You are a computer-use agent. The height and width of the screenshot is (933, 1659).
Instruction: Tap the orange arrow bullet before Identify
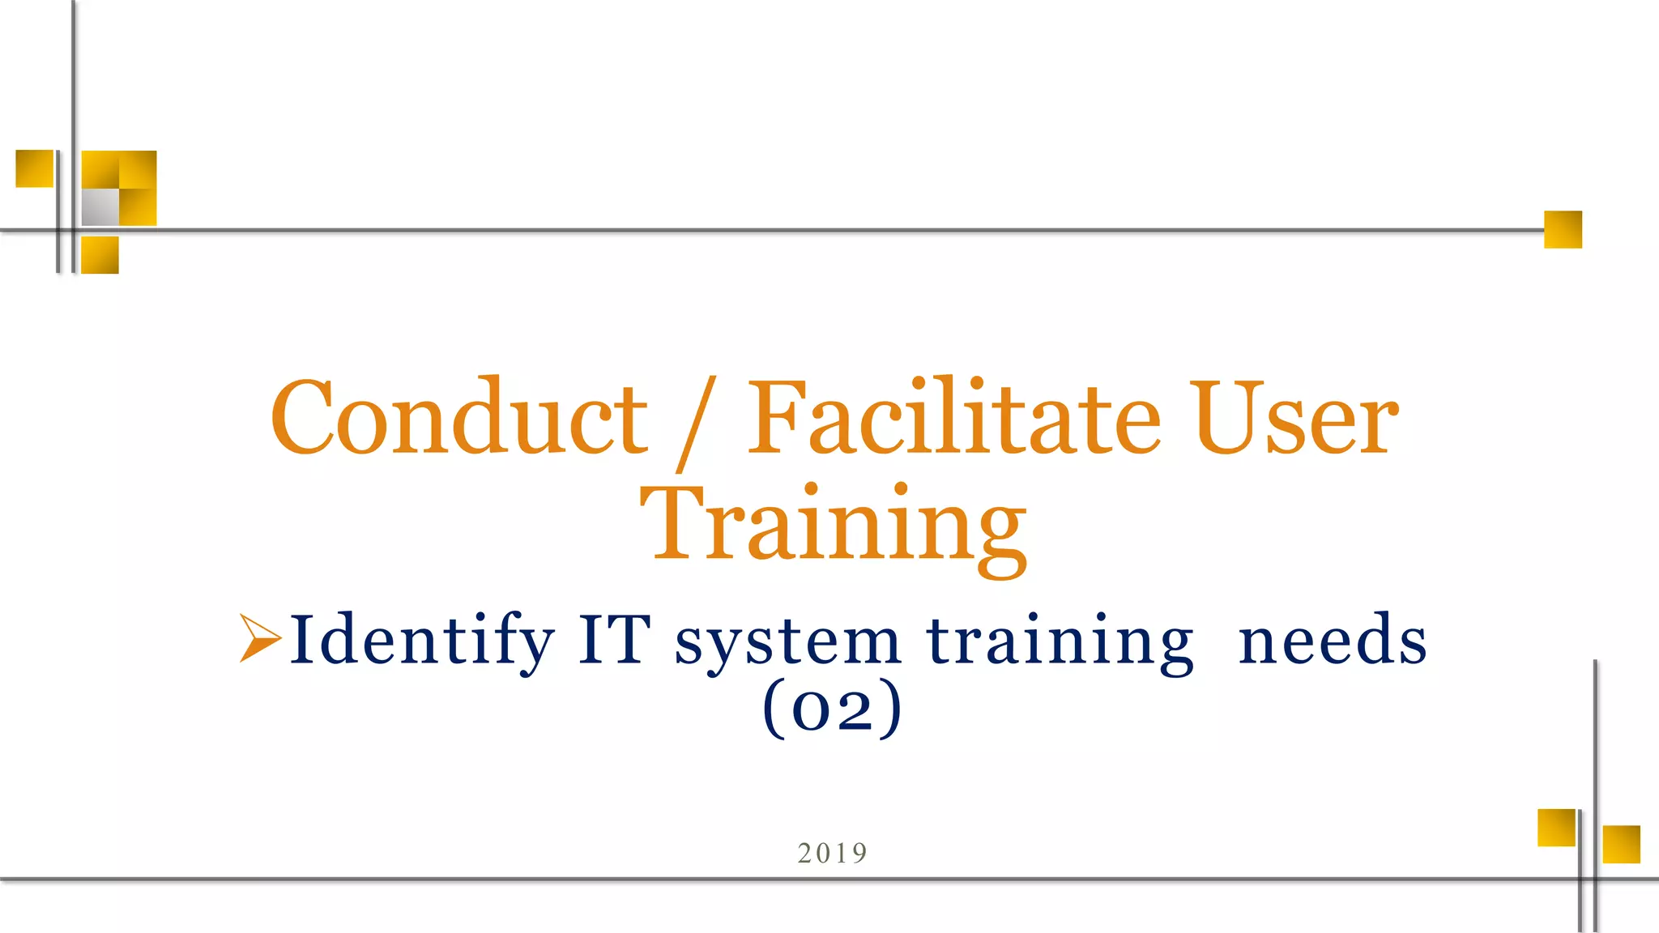[x=259, y=638]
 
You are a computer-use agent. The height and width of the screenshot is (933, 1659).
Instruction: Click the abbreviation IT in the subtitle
[x=614, y=640]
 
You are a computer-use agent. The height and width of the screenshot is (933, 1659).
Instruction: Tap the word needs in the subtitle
[x=1333, y=640]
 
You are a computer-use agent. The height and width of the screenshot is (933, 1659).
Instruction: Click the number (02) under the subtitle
[x=832, y=708]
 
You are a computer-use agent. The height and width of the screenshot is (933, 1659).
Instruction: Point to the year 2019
[x=832, y=853]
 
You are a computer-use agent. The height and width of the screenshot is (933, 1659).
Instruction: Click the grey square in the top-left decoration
[x=100, y=207]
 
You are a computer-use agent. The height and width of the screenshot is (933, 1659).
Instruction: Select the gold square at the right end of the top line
[x=1563, y=229]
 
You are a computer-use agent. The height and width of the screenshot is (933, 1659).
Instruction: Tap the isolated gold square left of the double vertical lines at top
[x=35, y=168]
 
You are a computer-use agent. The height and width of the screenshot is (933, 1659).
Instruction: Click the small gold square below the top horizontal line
[x=100, y=255]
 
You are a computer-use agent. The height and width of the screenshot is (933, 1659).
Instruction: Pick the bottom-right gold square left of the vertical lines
[x=1556, y=827]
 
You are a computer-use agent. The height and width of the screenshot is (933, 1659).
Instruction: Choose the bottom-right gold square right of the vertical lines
[x=1621, y=844]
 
